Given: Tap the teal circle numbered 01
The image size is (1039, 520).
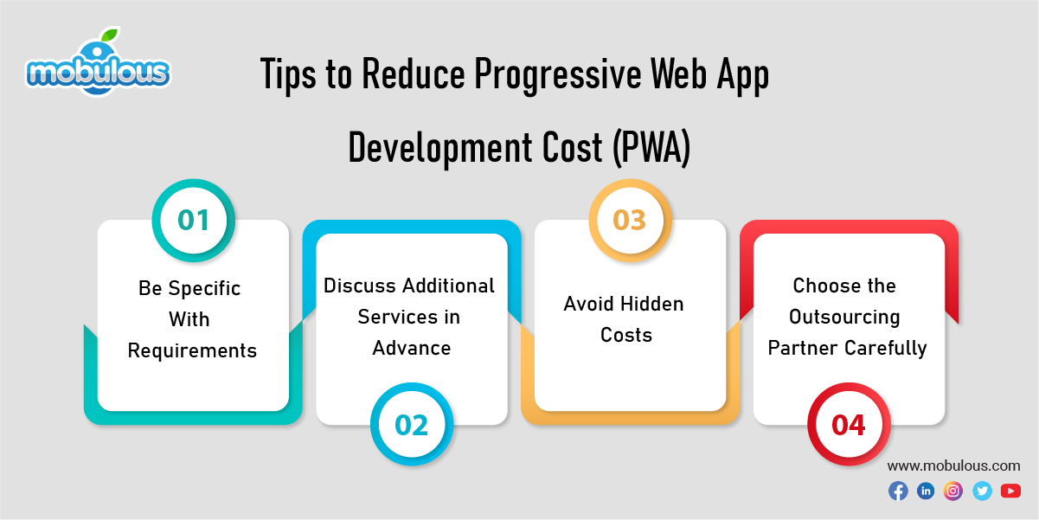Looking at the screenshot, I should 194,220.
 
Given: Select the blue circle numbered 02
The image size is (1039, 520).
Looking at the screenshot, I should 412,425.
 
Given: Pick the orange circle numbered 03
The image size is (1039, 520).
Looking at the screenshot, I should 630,220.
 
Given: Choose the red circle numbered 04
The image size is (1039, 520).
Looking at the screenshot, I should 849,425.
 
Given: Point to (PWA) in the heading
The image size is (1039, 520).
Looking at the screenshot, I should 651,148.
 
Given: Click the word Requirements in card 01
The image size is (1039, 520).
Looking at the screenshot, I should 192,350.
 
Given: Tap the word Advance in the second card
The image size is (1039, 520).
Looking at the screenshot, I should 412,348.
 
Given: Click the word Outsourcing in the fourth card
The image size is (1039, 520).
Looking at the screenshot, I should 844,317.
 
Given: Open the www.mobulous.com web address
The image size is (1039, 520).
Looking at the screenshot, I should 953,465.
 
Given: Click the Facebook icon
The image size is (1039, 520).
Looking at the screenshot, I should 898,491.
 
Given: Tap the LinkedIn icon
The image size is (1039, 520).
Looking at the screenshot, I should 926,491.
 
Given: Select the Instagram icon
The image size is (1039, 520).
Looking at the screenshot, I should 953,491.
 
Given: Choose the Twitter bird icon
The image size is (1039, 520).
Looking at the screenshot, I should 982,491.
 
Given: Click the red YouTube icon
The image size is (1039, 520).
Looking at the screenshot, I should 1010,491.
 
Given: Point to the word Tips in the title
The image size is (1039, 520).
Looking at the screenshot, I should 289,77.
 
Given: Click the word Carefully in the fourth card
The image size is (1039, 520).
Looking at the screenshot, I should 886,348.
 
